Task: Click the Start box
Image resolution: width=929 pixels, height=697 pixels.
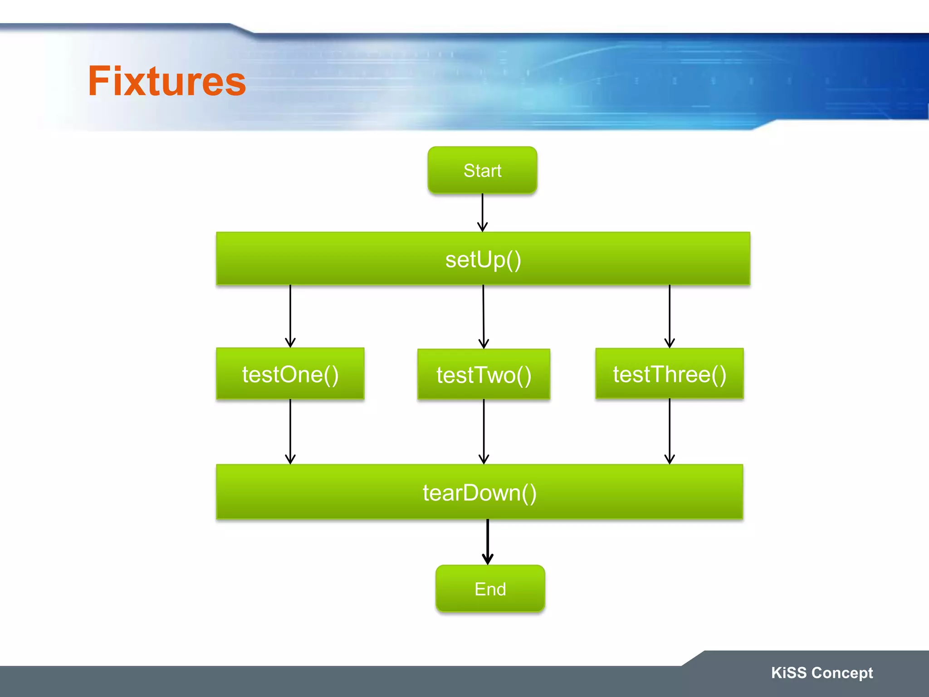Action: pos(482,170)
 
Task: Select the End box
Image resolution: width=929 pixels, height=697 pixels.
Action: pos(490,589)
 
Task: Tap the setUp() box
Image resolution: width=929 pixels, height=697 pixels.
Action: pos(483,259)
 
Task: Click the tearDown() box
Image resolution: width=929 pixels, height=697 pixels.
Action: pos(479,492)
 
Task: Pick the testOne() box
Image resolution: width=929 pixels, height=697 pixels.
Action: pos(290,373)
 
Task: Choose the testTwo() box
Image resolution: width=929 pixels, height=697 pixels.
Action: pos(484,374)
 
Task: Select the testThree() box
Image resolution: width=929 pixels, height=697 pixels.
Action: pos(669,373)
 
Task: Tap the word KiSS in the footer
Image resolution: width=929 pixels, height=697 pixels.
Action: pos(788,672)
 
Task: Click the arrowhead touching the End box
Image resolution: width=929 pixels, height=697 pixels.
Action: pos(488,560)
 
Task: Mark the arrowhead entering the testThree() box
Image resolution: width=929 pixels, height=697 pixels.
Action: pos(670,343)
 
